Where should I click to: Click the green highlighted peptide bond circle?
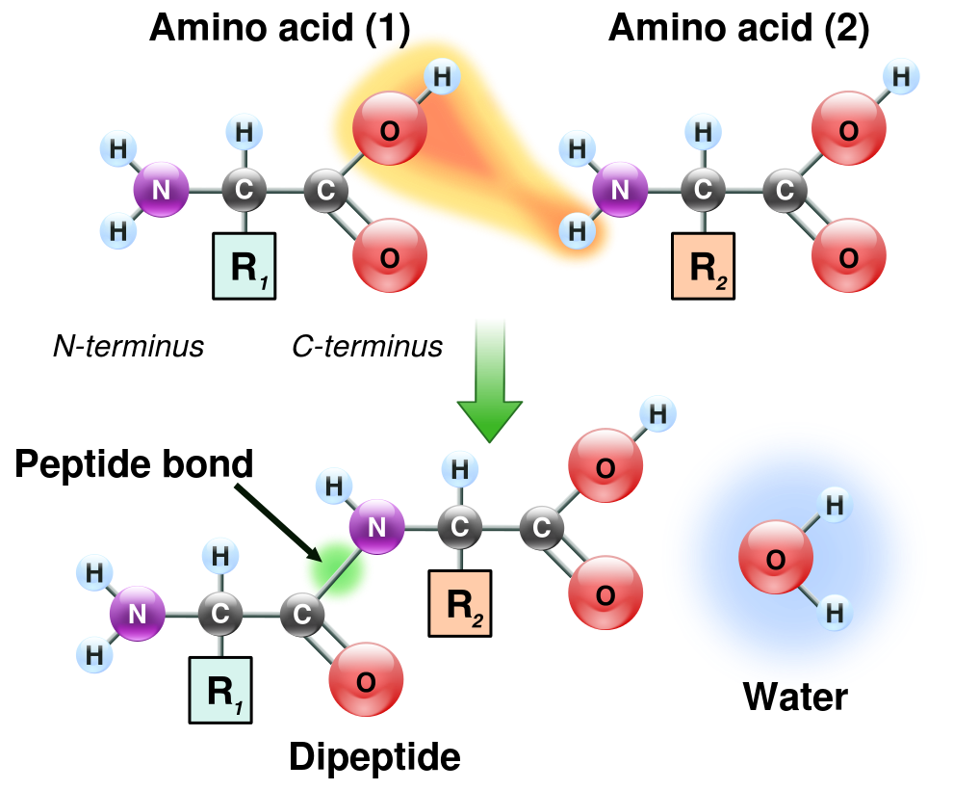[336, 569]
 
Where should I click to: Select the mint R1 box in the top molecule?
[244, 266]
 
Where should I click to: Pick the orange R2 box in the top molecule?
[703, 266]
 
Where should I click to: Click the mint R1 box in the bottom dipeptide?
[220, 690]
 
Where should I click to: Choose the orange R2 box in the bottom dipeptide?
[459, 603]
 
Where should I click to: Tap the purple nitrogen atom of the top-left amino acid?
[161, 190]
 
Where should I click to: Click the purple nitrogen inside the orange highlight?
[619, 190]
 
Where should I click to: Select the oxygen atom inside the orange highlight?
[389, 130]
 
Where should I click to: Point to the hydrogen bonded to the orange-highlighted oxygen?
[442, 76]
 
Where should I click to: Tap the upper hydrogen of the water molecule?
[835, 504]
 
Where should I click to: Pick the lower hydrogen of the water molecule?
[835, 612]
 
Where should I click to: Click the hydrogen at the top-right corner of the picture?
[900, 75]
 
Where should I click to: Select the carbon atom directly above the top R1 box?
[244, 190]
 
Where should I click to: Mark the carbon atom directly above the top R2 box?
[703, 190]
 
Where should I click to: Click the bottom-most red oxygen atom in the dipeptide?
[366, 680]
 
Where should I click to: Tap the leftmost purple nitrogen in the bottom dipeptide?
[137, 614]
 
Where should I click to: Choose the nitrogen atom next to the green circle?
[376, 527]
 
